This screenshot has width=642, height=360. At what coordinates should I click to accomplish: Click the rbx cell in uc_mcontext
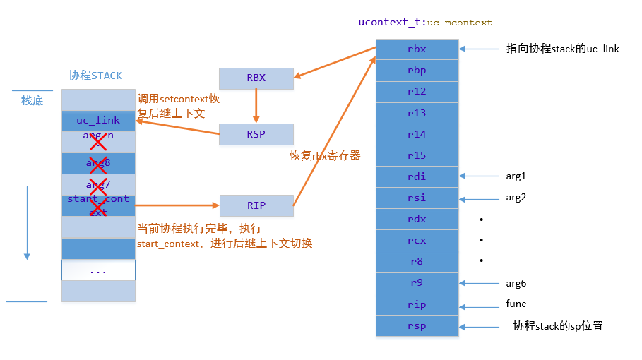click(417, 49)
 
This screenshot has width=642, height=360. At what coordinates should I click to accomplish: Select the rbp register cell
click(417, 71)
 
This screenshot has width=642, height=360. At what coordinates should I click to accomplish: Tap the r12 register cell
click(417, 92)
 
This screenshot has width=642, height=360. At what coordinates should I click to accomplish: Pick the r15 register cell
click(417, 155)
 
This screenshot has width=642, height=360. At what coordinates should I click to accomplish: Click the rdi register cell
click(417, 176)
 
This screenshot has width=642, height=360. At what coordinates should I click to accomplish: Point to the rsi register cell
click(417, 198)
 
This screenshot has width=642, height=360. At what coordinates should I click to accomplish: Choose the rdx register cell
click(417, 219)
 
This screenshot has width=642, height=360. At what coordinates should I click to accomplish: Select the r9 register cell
click(417, 283)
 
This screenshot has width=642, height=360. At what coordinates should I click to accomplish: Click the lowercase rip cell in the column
click(417, 304)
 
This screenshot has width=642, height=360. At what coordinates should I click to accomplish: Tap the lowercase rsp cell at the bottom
click(417, 325)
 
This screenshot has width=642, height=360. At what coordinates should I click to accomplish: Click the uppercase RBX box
click(256, 78)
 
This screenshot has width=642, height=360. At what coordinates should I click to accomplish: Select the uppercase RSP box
click(256, 134)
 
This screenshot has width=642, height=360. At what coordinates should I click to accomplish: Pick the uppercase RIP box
click(256, 205)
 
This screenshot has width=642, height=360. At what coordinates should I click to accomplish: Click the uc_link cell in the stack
click(98, 121)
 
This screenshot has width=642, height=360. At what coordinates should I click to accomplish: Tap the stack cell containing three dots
click(98, 270)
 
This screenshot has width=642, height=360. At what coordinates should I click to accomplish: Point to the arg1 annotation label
click(516, 176)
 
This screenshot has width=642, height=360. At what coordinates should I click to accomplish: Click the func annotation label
click(516, 304)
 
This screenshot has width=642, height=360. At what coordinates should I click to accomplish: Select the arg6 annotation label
click(516, 283)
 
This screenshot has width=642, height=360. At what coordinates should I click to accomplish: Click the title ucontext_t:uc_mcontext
click(425, 23)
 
